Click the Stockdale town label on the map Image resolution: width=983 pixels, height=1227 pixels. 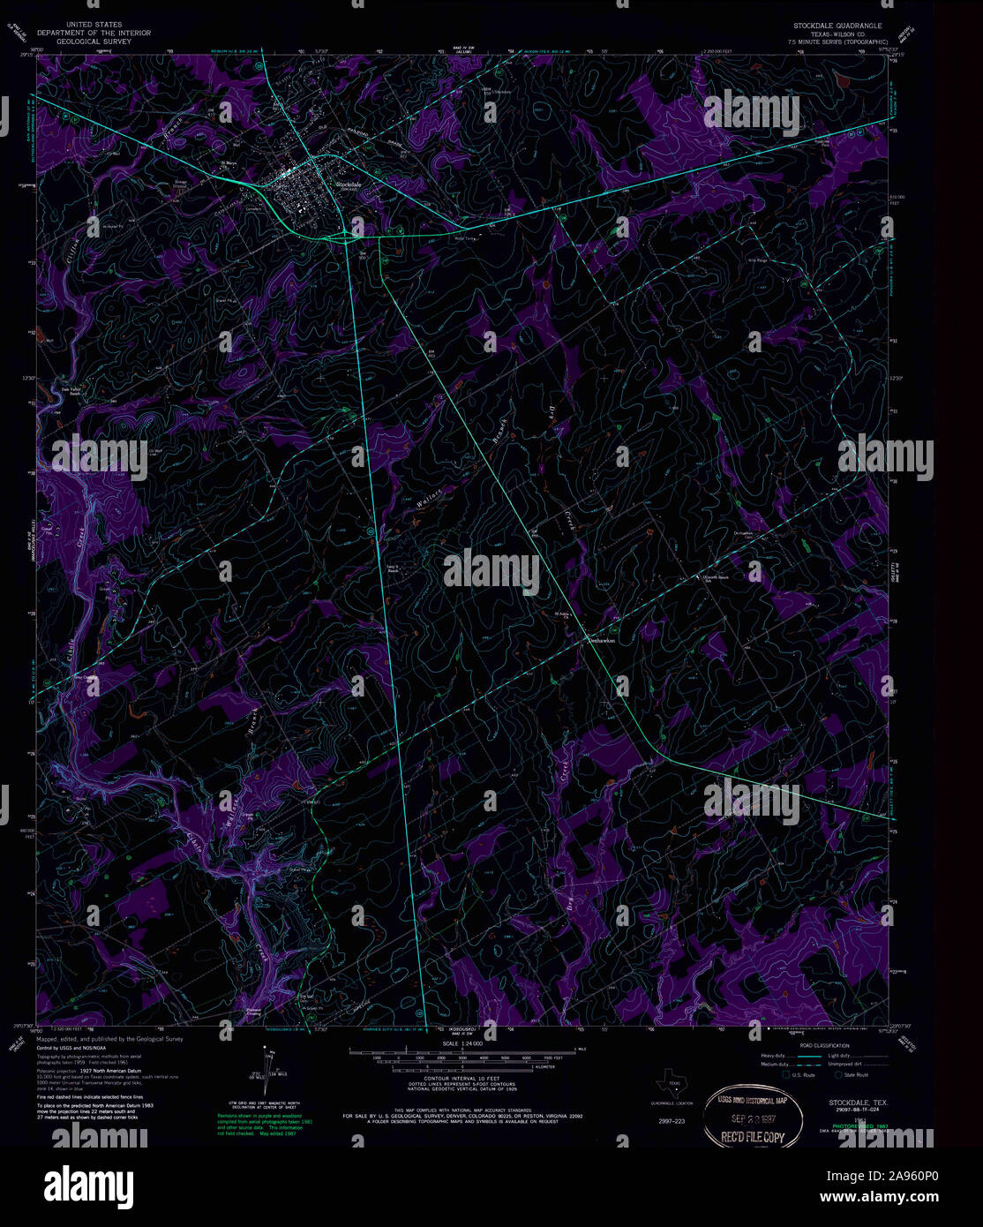(349, 184)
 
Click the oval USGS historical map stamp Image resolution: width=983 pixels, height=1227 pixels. (754, 1118)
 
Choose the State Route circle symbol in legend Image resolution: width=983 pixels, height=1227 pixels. (838, 1074)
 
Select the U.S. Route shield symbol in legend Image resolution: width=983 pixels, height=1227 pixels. (785, 1074)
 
